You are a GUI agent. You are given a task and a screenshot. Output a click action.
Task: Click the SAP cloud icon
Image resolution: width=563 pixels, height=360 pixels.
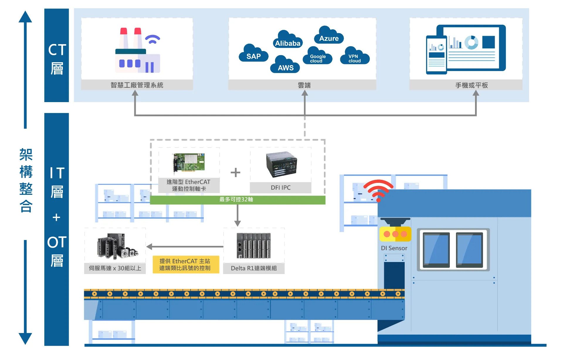(254, 53)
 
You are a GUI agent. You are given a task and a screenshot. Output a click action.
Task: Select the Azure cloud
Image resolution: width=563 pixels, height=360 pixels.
(329, 35)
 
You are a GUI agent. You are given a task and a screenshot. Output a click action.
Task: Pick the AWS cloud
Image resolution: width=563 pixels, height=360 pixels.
(285, 64)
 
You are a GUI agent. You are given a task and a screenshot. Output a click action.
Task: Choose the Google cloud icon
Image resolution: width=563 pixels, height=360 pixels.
(318, 56)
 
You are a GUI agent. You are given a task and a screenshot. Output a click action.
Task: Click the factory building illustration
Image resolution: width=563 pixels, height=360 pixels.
(138, 50)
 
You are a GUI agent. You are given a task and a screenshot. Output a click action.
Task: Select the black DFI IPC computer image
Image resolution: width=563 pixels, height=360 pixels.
(281, 164)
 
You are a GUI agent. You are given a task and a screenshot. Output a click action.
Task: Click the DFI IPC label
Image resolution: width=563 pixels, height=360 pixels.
(281, 187)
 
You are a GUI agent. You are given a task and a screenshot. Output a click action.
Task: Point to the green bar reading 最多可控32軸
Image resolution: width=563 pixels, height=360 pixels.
(238, 200)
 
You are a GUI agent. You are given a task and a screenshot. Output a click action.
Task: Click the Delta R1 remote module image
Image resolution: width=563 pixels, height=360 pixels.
(254, 246)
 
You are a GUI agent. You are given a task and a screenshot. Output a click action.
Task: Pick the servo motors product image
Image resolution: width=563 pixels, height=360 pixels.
(117, 246)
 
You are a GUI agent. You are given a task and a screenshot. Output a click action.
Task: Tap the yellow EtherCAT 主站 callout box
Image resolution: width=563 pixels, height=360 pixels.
(186, 265)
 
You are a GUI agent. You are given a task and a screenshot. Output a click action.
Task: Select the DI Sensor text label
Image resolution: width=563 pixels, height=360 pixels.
(394, 248)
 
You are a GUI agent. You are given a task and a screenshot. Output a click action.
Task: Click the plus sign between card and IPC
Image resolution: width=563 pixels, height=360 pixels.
(235, 172)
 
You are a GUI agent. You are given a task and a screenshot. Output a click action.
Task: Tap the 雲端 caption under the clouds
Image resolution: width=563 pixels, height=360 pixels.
(304, 85)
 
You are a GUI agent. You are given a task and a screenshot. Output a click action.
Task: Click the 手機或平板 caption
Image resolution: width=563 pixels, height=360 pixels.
(472, 85)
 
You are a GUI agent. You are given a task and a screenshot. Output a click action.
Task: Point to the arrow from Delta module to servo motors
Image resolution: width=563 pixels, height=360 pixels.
(185, 247)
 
